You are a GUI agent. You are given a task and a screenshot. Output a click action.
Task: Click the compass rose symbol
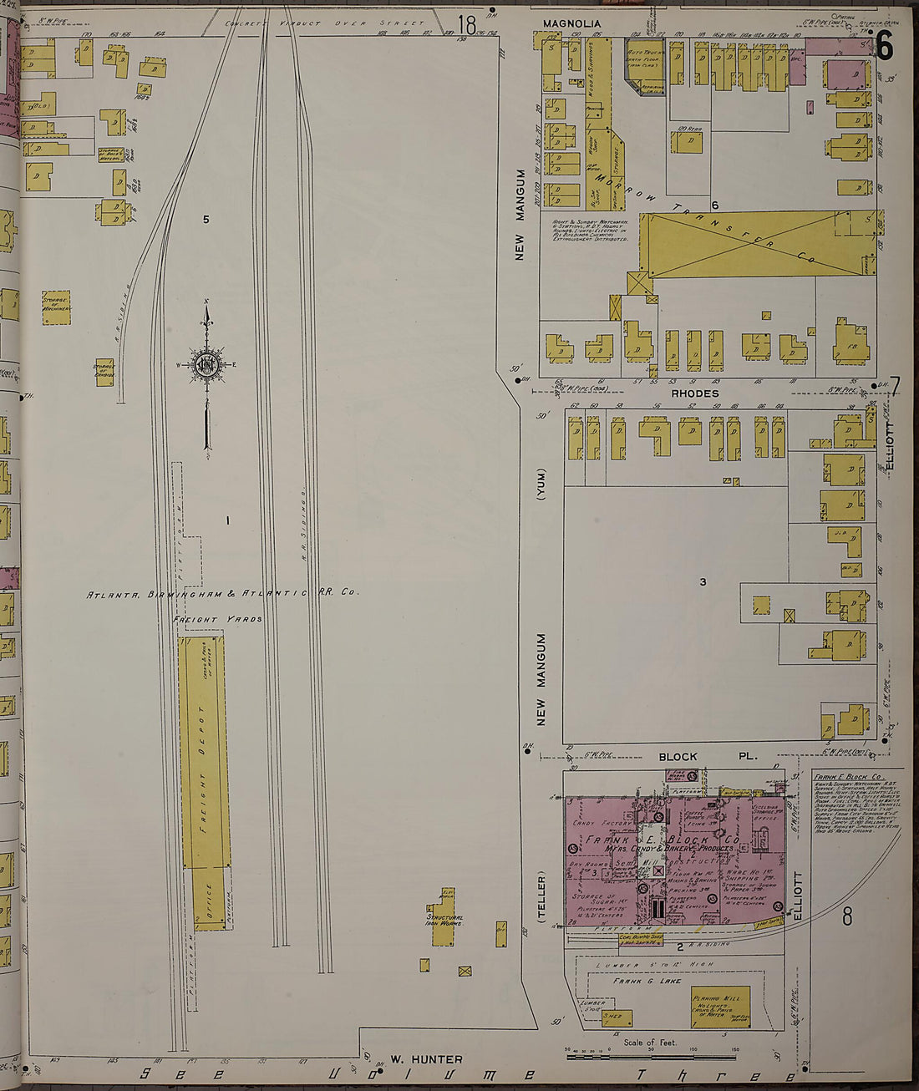[206, 365]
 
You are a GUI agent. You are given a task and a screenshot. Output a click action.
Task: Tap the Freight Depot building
[203, 752]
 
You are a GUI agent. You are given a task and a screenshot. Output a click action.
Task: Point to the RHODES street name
[694, 393]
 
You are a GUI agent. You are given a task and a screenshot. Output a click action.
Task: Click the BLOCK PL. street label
[707, 757]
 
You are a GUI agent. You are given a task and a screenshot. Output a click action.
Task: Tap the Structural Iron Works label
[444, 921]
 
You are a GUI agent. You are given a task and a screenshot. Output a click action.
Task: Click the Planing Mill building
[719, 1007]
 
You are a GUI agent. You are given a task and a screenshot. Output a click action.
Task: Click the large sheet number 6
[883, 46]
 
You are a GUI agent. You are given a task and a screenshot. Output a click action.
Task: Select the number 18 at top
[466, 26]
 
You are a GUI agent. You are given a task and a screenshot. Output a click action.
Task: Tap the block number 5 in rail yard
[206, 220]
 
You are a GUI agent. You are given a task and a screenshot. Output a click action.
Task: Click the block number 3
[703, 581]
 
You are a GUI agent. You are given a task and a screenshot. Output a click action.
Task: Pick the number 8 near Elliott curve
[846, 917]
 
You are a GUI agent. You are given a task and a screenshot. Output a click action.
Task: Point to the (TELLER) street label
[541, 897]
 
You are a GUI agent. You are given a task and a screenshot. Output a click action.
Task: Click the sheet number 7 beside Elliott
[895, 388]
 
